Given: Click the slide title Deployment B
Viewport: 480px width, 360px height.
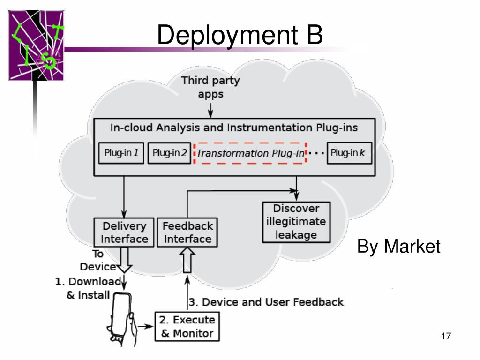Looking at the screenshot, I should [240, 35].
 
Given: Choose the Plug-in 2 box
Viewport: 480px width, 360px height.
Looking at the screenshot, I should [169, 153].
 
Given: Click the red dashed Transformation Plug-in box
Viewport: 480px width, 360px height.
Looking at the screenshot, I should [250, 153].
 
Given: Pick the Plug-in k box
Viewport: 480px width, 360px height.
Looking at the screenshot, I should [349, 153].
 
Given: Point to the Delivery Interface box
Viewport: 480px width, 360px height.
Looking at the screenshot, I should [124, 232].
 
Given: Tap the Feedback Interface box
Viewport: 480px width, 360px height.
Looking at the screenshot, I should [187, 232].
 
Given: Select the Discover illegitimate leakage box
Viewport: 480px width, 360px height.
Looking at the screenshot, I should [296, 222].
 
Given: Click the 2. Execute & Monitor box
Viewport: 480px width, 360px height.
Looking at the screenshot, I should [187, 327].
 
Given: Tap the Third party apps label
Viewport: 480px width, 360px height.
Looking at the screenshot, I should [210, 87].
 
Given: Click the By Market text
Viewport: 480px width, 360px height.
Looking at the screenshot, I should [398, 246].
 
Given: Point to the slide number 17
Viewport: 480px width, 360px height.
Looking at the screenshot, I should [445, 336].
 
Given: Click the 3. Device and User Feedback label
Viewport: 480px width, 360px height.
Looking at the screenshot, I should [266, 302].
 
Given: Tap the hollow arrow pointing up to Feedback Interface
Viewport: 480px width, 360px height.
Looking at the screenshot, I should [187, 261].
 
